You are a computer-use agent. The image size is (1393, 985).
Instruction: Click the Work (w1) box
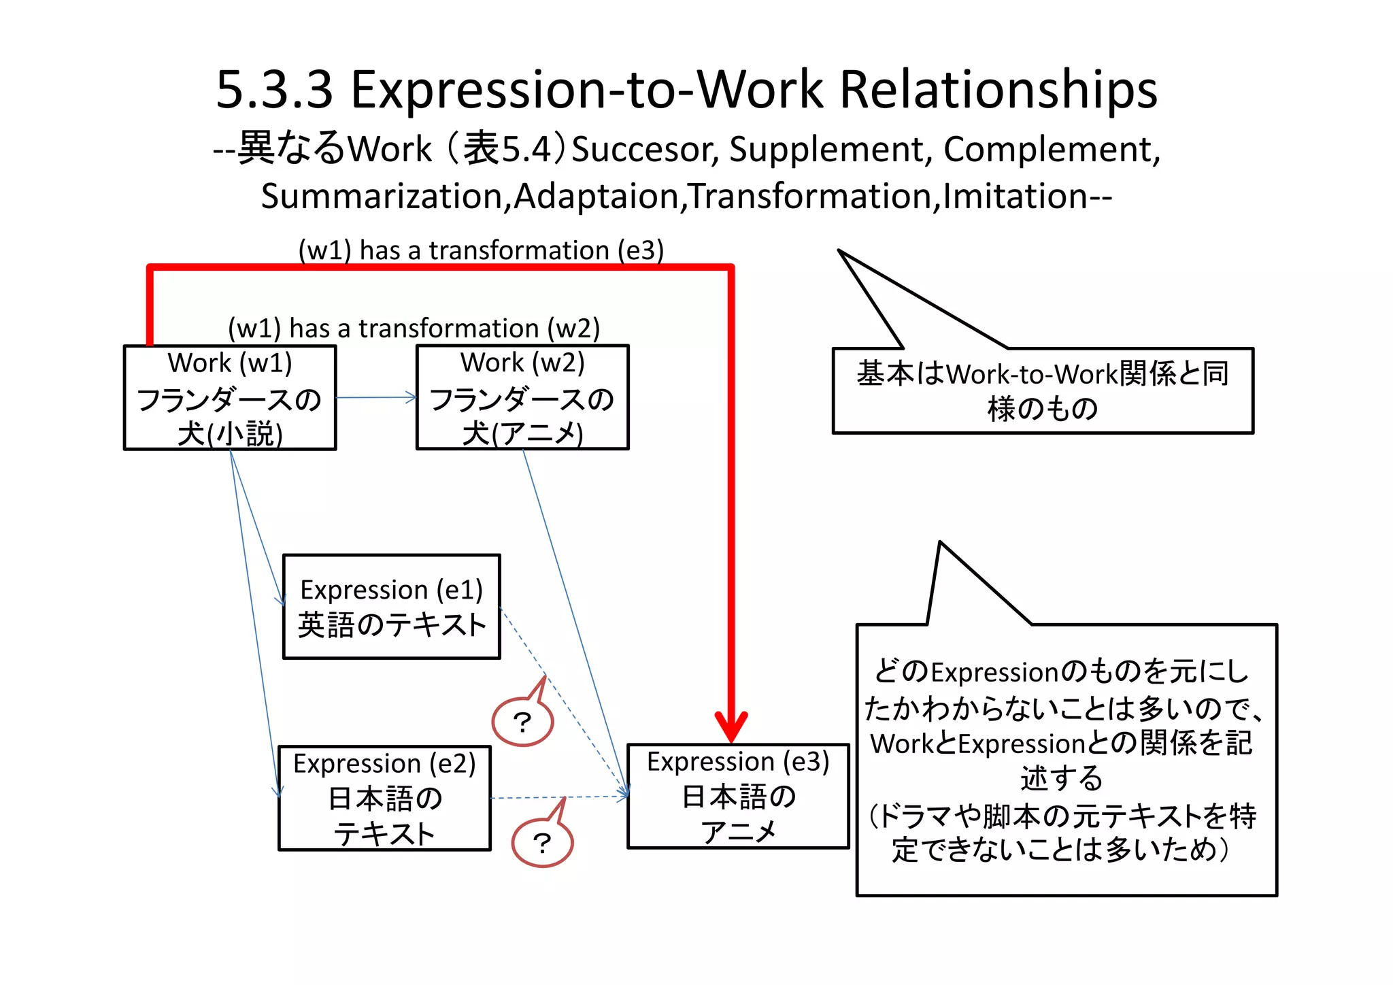tap(230, 398)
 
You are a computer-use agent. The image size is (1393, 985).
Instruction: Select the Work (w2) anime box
tap(522, 398)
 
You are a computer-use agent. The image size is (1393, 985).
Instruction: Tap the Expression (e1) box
tap(392, 607)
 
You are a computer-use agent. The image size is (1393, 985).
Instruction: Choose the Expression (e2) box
tap(384, 798)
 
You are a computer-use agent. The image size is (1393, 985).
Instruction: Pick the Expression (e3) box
tap(738, 797)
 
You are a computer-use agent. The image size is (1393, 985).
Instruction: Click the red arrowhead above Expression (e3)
tap(731, 727)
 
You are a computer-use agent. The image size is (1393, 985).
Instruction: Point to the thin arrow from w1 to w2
tap(376, 398)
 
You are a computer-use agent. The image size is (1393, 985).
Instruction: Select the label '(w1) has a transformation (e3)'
tap(481, 250)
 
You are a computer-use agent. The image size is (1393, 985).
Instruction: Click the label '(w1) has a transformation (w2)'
tap(414, 329)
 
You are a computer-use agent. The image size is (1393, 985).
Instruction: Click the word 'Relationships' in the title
tap(998, 90)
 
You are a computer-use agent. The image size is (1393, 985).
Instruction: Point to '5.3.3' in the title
tap(274, 90)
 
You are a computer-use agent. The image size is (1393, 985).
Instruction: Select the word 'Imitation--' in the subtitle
tap(1027, 197)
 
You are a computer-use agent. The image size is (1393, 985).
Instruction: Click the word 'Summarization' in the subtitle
tap(381, 197)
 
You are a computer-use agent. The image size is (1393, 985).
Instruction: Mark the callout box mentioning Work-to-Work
tap(1043, 390)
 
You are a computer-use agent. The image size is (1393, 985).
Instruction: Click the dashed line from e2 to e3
tap(558, 797)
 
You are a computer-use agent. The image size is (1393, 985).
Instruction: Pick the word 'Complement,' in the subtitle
tap(1052, 150)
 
